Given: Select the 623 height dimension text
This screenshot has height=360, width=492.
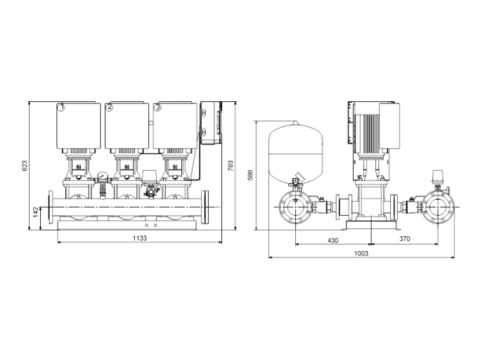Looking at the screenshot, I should click(24, 165).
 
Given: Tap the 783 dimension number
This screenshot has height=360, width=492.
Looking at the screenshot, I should click(231, 165).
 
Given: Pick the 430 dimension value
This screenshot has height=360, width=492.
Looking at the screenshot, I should click(332, 240).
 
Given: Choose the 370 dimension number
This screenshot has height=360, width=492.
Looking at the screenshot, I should click(405, 240).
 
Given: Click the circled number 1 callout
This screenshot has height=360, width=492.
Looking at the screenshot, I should click(61, 108).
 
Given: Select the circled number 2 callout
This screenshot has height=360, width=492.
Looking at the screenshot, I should click(110, 108).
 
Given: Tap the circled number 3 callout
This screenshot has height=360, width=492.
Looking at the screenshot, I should click(157, 108).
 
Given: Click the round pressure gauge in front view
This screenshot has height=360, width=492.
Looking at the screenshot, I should click(103, 177).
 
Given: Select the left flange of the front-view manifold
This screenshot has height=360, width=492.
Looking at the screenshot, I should click(51, 208).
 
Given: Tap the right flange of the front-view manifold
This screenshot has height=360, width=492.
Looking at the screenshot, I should click(206, 208).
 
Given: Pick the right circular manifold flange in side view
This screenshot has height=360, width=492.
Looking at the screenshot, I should click(437, 208).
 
